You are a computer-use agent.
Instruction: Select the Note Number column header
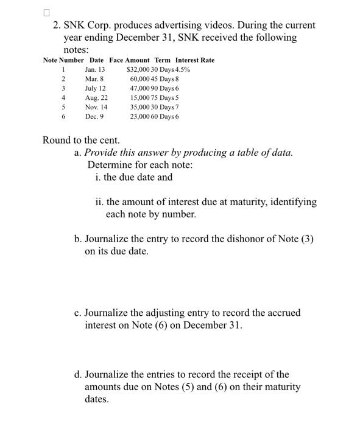(x=63, y=60)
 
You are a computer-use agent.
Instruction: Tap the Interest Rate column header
(x=195, y=60)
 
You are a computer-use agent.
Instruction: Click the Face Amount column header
(x=129, y=60)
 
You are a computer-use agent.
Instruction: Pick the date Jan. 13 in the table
(x=95, y=69)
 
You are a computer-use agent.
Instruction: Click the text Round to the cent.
(x=80, y=141)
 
